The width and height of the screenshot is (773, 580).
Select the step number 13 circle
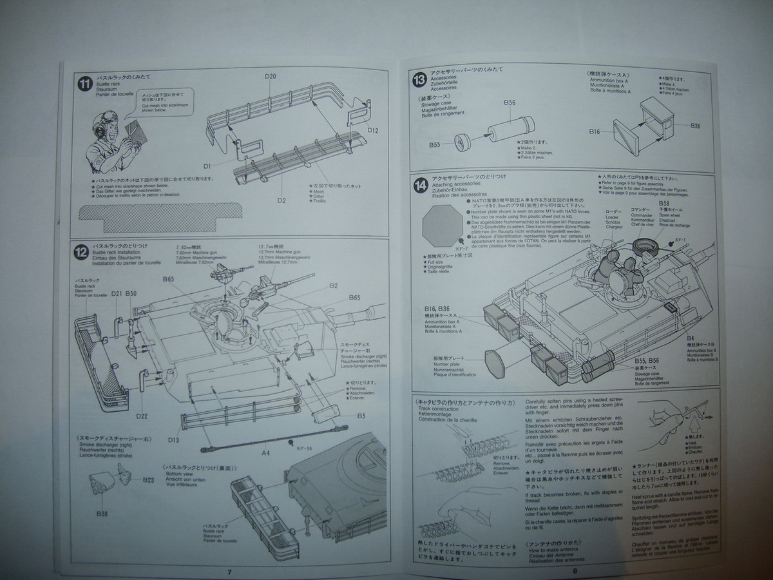(x=420, y=80)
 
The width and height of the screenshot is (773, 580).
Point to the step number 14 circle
(x=421, y=186)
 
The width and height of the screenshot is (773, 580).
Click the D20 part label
(x=271, y=77)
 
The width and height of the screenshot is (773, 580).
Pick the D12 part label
(x=374, y=131)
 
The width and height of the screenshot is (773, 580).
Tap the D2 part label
(x=282, y=200)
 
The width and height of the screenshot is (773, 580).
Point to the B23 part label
(x=149, y=480)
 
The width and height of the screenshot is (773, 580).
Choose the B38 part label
(x=102, y=513)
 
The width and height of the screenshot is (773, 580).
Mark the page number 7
(x=229, y=571)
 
